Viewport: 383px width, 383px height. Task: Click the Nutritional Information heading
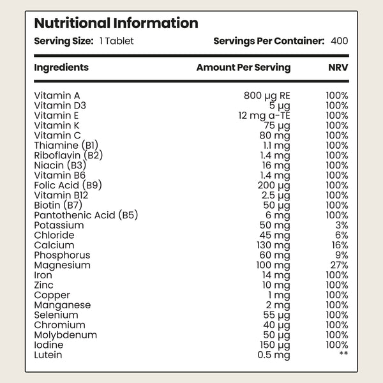point(116,23)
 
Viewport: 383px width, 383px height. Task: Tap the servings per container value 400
point(340,41)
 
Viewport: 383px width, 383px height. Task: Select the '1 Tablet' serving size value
point(117,41)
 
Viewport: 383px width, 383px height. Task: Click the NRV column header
point(338,68)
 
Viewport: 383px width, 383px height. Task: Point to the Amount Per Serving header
point(244,68)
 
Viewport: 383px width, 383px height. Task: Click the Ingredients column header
point(61,68)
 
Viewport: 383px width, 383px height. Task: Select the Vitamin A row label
point(57,96)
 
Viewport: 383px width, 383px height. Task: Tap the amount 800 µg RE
point(267,96)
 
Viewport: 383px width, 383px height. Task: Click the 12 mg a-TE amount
point(264,116)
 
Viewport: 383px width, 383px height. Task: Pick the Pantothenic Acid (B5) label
point(86,215)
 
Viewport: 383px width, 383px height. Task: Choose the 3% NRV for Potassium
point(342,225)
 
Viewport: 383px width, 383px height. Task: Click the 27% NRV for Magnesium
point(340,265)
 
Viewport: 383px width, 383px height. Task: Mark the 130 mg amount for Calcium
point(273,246)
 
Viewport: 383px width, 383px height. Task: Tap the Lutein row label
point(48,355)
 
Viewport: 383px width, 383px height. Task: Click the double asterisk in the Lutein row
point(343,353)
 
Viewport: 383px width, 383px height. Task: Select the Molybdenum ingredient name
point(66,335)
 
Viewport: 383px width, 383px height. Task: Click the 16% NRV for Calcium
point(340,245)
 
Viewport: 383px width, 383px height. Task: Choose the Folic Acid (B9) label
point(68,185)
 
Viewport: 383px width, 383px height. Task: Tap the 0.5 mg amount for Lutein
point(274,356)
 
